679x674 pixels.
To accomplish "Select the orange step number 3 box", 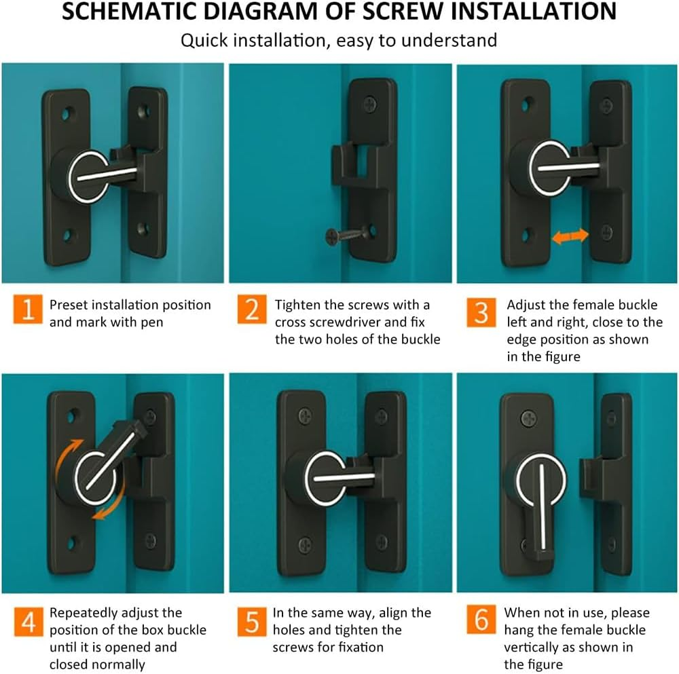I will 481,312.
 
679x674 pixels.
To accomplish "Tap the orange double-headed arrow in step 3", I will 569,236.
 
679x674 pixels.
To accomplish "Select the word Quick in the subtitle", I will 204,40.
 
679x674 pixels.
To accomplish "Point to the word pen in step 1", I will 152,322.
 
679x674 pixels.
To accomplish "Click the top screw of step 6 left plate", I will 528,417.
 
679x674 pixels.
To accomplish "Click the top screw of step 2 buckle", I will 370,105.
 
